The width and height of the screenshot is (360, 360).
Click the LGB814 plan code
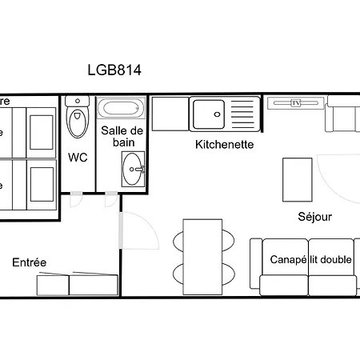click(x=114, y=70)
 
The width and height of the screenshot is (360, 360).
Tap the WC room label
click(x=78, y=157)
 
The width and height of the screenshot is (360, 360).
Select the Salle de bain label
click(x=122, y=136)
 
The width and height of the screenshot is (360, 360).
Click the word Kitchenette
click(x=225, y=145)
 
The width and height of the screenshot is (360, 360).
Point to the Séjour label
click(x=314, y=216)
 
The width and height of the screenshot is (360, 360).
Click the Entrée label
click(x=30, y=262)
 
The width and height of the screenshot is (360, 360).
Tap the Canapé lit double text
click(x=310, y=260)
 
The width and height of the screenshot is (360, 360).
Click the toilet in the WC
click(x=78, y=120)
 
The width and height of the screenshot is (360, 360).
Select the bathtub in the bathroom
click(x=121, y=107)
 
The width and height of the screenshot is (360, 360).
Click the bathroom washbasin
click(x=133, y=168)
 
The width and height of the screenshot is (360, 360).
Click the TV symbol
click(x=295, y=103)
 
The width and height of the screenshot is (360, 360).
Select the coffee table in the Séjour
click(x=298, y=180)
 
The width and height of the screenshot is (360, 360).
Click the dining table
click(x=201, y=253)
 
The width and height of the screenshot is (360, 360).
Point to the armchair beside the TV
click(x=341, y=118)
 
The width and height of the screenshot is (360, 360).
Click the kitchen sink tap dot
click(x=218, y=114)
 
